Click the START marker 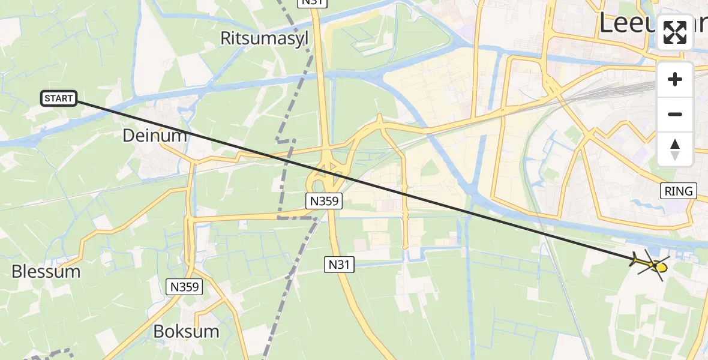coord(59,98)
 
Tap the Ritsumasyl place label coord(264,38)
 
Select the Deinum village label coord(155,136)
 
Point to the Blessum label coord(46,271)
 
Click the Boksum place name coord(186,331)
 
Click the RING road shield coord(679,191)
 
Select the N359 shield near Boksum coord(184,287)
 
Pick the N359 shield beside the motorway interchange coord(323,202)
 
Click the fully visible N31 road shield coord(340,263)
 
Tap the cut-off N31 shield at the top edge coord(313,3)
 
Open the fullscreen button coord(675,32)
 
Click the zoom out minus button coord(675,115)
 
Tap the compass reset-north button coord(675,149)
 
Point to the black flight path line coord(360,182)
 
